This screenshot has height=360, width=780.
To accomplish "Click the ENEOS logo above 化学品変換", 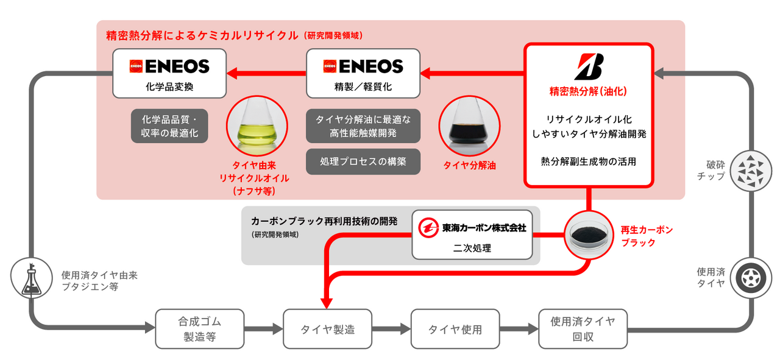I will [x=169, y=66].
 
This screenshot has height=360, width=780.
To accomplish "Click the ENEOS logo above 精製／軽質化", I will [x=363, y=66].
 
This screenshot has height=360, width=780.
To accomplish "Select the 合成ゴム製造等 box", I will [x=199, y=329].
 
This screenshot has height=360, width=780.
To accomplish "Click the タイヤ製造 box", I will [x=327, y=329].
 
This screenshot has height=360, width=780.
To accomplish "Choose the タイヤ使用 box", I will [x=455, y=329].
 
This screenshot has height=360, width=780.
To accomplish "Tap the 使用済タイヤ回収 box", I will [x=583, y=329].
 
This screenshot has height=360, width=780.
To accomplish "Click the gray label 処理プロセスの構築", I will [x=363, y=161].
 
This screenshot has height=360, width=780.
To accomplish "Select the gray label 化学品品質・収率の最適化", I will [x=169, y=126].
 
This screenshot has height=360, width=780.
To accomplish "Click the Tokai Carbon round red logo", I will [x=428, y=228].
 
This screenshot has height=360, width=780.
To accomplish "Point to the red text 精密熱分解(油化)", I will [x=588, y=92].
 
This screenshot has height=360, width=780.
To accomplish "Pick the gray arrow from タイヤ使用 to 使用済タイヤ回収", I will [x=518, y=330].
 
